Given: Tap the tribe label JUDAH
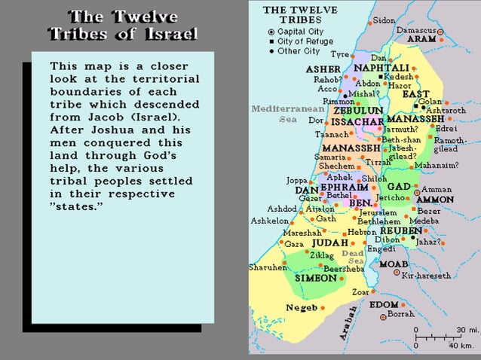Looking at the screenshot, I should [329, 243].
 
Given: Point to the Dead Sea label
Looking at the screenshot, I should [354, 257].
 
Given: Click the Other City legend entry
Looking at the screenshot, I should [299, 51].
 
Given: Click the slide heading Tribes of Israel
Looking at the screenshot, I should [122, 34].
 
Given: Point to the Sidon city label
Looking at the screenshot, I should [384, 20].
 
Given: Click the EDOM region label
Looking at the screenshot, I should [384, 304].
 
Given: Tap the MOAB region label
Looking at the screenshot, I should [394, 264].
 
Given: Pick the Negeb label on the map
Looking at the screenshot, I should [302, 307].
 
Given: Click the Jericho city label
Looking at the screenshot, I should [391, 197].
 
